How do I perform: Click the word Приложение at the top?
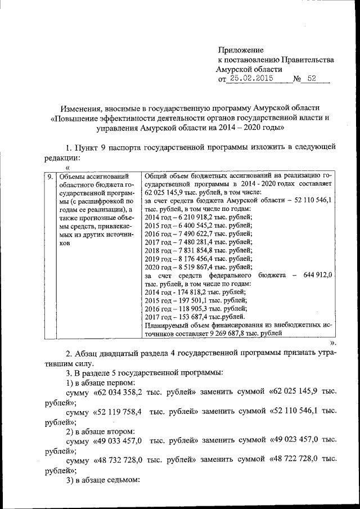240,50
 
